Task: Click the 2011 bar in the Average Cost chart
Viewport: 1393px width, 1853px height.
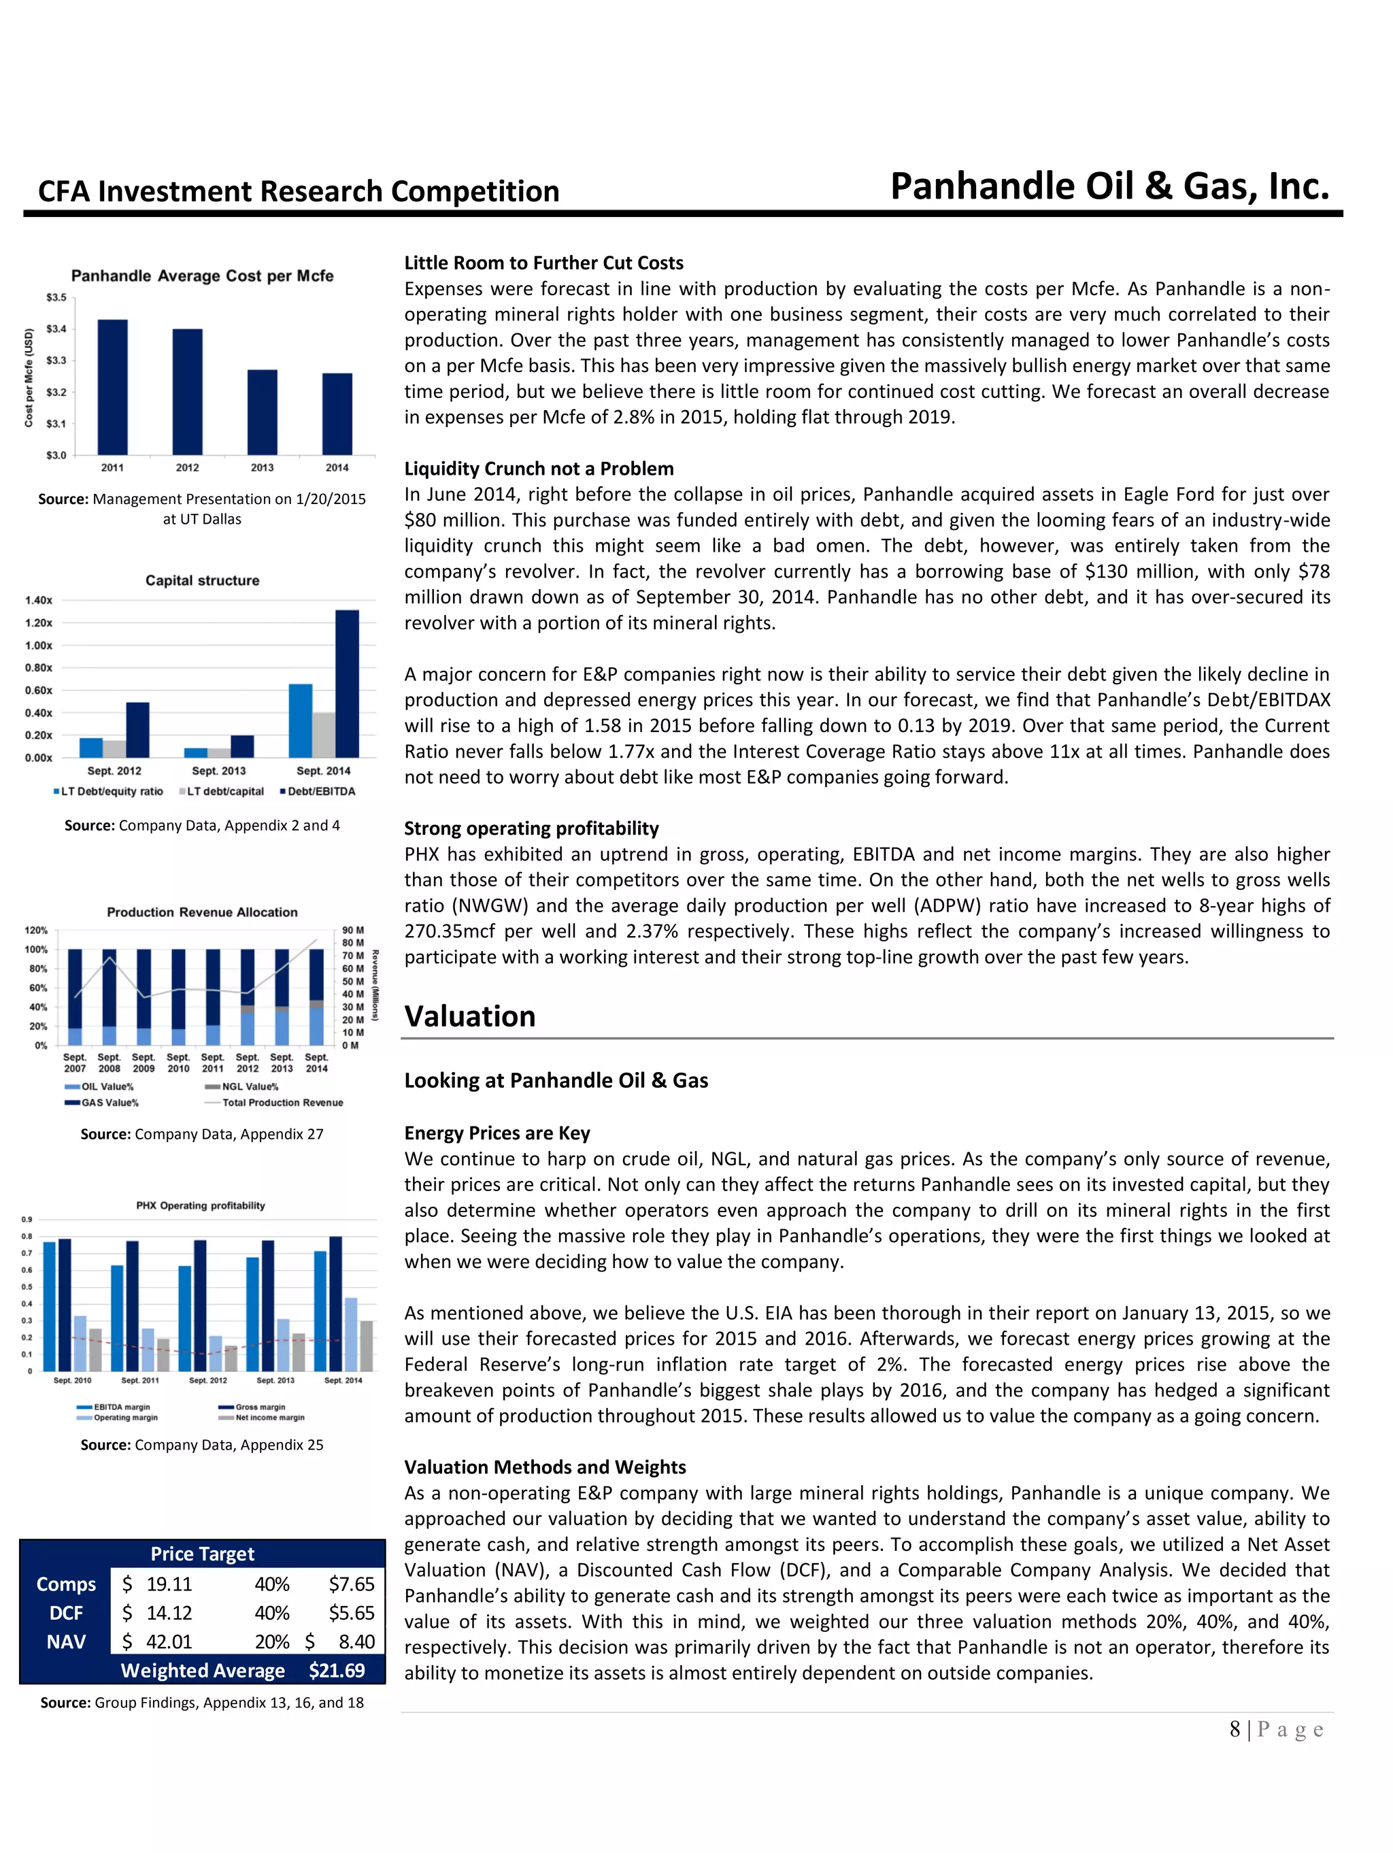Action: [x=112, y=387]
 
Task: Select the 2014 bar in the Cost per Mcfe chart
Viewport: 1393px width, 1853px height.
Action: [x=337, y=414]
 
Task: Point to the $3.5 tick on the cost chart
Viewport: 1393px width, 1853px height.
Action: [x=55, y=297]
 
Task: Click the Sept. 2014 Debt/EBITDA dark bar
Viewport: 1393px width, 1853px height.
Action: [x=347, y=684]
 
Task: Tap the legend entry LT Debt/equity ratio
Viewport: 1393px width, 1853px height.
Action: [x=108, y=792]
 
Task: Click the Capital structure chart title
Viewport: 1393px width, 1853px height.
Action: [x=202, y=580]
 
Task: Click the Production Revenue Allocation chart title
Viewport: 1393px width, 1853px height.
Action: [x=202, y=912]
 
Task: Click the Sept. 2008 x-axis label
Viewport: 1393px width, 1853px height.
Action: [x=109, y=1063]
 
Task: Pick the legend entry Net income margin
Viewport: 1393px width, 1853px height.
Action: [x=269, y=1418]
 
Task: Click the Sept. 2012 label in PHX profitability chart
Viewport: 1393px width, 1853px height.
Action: [x=207, y=1380]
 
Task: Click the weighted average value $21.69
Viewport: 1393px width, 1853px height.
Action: [x=337, y=1671]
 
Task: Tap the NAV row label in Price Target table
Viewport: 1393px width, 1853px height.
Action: [x=65, y=1642]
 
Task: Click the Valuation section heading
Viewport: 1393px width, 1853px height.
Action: [x=470, y=1016]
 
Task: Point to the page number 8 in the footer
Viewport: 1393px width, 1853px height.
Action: [x=1235, y=1730]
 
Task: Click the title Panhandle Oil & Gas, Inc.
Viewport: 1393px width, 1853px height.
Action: [x=1109, y=186]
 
